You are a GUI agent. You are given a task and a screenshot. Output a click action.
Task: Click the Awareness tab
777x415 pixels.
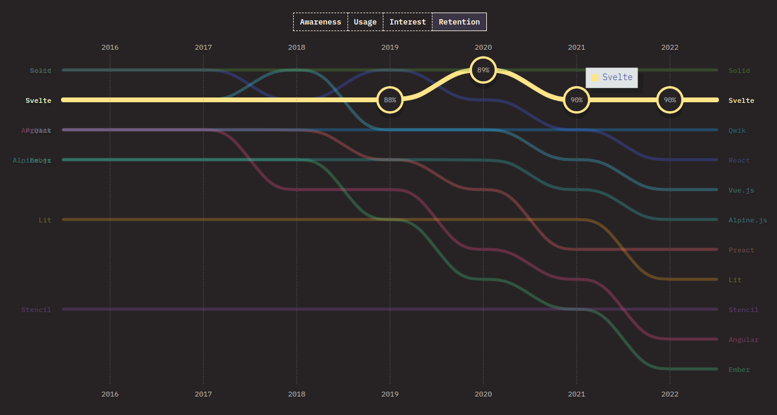(320, 22)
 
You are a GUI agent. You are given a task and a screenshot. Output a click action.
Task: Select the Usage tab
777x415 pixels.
(365, 22)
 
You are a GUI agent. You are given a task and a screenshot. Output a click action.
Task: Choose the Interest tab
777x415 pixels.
(407, 22)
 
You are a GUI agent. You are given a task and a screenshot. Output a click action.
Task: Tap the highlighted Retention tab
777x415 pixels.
(459, 22)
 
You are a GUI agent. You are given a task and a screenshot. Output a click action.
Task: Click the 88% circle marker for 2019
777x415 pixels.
(390, 100)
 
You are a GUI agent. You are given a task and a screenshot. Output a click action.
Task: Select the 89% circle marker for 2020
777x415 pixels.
(483, 70)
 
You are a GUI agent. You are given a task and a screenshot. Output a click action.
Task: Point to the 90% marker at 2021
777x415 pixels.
(577, 100)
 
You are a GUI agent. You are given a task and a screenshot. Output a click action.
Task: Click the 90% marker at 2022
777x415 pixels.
(670, 100)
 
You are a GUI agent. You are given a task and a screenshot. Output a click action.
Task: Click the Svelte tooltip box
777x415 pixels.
(611, 77)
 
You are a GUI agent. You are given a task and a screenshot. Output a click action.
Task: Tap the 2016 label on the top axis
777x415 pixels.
(110, 47)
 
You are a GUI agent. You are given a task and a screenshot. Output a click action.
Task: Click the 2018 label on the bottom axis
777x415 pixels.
(297, 394)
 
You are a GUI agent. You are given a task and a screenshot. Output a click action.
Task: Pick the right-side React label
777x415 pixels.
(739, 160)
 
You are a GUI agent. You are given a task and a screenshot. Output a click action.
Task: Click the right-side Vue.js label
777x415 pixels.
(741, 190)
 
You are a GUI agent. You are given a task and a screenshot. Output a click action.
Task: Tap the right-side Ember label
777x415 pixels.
(739, 370)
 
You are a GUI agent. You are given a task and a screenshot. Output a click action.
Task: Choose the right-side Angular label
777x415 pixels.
(743, 340)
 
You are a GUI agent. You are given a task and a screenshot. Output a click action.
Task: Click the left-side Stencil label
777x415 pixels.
(36, 310)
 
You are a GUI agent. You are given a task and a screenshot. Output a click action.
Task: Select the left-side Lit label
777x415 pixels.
(45, 220)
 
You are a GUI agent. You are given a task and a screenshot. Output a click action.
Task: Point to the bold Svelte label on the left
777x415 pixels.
(38, 100)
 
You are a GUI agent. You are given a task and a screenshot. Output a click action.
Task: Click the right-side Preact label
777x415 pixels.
(741, 250)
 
